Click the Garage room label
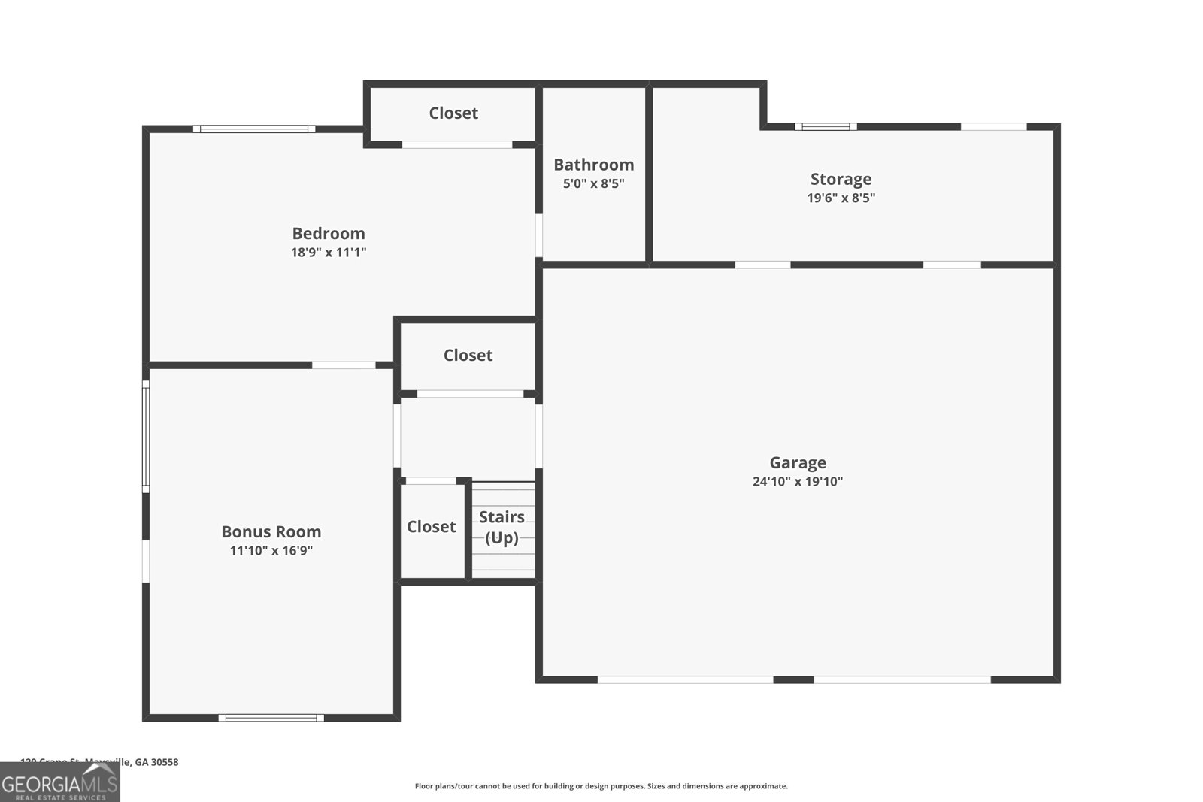pos(797,462)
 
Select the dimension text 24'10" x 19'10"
pos(797,482)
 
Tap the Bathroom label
pos(593,165)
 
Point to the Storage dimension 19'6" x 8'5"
pos(841,198)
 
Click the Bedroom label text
pos(329,233)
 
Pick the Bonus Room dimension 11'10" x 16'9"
pos(271,550)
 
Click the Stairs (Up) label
pos(502,527)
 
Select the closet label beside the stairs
pos(431,527)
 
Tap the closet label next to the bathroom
pos(453,113)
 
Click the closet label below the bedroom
pos(468,355)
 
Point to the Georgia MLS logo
pos(60,783)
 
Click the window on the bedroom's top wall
pos(254,129)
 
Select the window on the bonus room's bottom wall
pos(271,717)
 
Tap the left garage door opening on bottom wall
pos(685,679)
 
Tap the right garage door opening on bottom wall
pos(901,679)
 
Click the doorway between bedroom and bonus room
pos(344,365)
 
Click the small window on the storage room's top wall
pos(826,126)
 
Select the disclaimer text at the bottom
pos(601,786)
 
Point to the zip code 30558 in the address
pos(165,762)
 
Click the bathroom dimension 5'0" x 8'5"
pos(593,183)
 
